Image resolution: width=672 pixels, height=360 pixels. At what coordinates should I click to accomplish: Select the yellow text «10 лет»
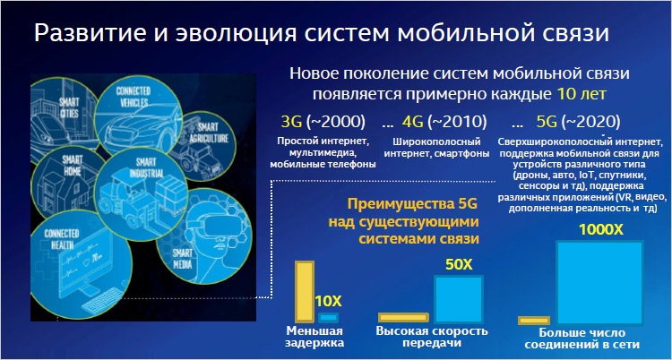[582, 93]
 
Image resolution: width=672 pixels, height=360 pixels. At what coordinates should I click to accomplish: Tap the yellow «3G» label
[291, 123]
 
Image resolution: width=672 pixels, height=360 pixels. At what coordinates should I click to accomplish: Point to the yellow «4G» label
[413, 123]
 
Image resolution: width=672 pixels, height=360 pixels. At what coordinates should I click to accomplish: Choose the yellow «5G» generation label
[547, 123]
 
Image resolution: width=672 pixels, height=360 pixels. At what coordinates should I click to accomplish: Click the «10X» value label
[329, 301]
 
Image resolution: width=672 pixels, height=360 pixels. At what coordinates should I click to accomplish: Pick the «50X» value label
[459, 265]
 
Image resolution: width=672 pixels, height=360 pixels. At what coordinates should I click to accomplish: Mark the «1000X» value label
[601, 230]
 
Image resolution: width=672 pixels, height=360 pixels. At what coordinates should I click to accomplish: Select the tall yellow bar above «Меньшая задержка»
[305, 291]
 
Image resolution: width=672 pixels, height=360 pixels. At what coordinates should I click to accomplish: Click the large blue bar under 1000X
[599, 282]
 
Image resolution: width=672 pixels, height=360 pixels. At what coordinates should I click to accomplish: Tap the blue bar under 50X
[459, 299]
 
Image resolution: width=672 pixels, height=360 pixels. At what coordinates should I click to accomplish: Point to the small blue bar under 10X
[329, 318]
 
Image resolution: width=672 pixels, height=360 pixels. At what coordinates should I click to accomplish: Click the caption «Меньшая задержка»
[314, 338]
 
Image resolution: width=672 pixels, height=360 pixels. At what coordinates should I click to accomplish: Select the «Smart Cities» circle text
[69, 108]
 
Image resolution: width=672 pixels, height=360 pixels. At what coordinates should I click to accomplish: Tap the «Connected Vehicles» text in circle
[134, 97]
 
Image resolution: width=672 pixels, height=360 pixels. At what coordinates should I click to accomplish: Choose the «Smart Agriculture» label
[208, 133]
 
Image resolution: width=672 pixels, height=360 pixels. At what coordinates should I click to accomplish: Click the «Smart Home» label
[73, 165]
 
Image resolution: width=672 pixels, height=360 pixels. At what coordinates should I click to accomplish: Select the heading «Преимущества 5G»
[412, 203]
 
